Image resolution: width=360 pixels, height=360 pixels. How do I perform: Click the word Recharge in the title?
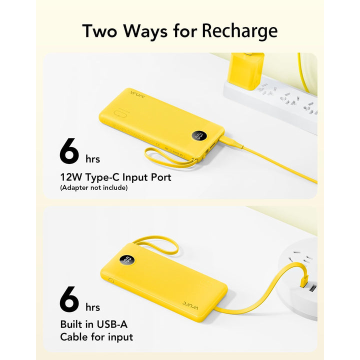tap(239, 31)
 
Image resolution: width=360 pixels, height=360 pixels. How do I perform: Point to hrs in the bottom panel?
tap(92, 306)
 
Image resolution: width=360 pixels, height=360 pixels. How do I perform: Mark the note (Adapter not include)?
tap(93, 188)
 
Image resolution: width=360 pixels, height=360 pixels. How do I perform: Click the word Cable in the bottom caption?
tap(73, 336)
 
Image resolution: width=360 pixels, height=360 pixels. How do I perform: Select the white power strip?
tap(280, 102)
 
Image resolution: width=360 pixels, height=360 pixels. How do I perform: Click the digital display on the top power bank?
tap(198, 135)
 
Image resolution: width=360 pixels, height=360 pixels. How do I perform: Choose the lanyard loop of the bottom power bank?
tap(157, 244)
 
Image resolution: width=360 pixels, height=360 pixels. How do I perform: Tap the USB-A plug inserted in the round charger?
tap(304, 283)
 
